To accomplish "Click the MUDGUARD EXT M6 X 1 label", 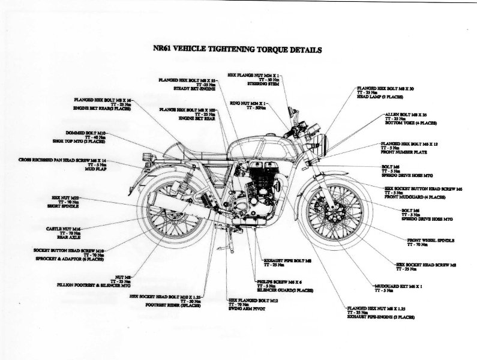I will pos(394,287).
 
